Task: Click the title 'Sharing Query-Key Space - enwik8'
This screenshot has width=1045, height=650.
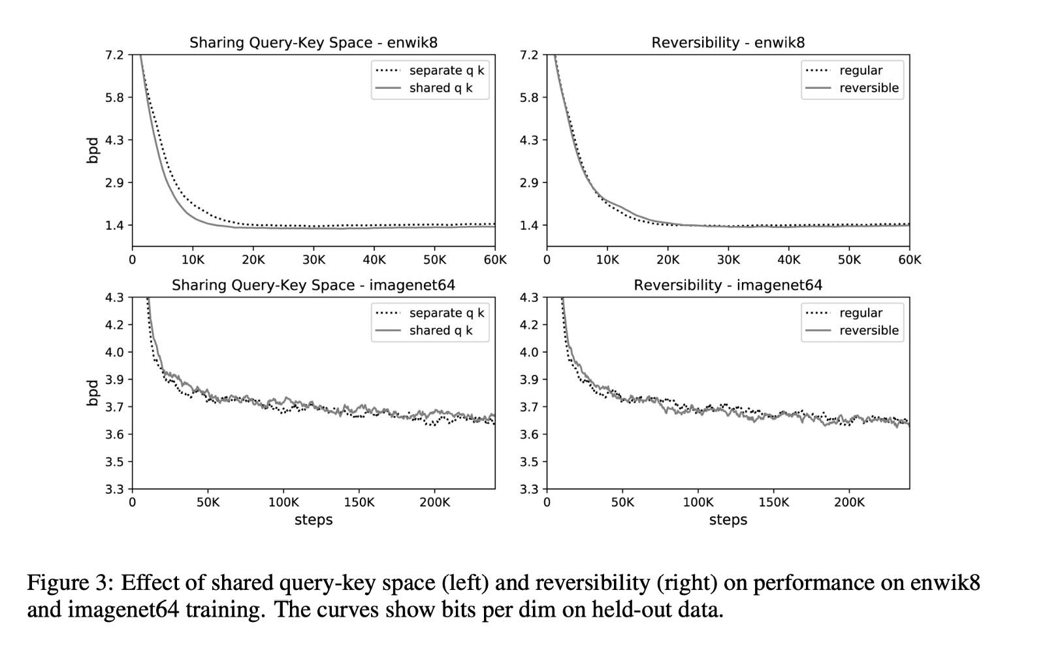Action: pyautogui.click(x=313, y=43)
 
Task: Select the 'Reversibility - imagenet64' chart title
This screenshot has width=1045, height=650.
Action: pyautogui.click(x=728, y=285)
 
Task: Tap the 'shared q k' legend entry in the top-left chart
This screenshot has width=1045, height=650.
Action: pyautogui.click(x=440, y=88)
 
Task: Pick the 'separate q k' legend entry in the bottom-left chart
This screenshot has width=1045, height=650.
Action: pyautogui.click(x=446, y=314)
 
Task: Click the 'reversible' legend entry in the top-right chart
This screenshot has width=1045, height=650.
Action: pyautogui.click(x=869, y=88)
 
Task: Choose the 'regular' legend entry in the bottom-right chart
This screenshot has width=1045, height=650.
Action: pyautogui.click(x=860, y=314)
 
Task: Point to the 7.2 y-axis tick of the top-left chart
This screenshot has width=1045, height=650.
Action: pyautogui.click(x=114, y=55)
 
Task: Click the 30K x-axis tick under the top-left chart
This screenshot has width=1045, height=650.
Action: pyautogui.click(x=313, y=260)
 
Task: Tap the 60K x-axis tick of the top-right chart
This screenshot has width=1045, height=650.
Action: pyautogui.click(x=909, y=260)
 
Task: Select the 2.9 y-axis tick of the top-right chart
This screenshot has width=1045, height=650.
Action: pyautogui.click(x=529, y=183)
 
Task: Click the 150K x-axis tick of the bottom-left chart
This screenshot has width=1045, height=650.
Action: pyautogui.click(x=359, y=502)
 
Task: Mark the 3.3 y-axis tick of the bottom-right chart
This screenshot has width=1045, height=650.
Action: pyautogui.click(x=529, y=489)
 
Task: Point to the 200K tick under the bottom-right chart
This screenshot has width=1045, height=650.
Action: pyautogui.click(x=848, y=502)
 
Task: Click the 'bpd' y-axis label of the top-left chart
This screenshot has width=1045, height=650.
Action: pyautogui.click(x=93, y=150)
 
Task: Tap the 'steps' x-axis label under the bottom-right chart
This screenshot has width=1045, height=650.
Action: pyautogui.click(x=728, y=520)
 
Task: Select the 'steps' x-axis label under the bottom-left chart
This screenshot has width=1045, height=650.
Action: pyautogui.click(x=313, y=520)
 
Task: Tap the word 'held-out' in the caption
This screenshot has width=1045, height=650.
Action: pyautogui.click(x=630, y=610)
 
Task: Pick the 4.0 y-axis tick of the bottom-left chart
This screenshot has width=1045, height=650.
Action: pyautogui.click(x=114, y=352)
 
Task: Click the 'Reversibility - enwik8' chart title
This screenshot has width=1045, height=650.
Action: pyautogui.click(x=728, y=43)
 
